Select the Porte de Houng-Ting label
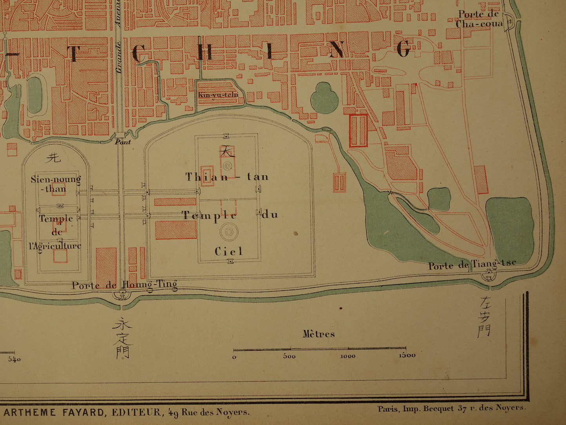coord(124,285)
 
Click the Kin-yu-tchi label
coord(218,95)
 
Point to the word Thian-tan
coord(227,177)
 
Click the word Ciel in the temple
coord(228,251)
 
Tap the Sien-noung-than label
coord(56,184)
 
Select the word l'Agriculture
coord(55,246)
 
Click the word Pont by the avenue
coord(123,142)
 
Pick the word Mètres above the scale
coord(318,334)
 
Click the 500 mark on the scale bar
coord(289,356)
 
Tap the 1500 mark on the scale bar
coord(407,355)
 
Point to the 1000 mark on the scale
coord(347,356)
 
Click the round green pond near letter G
coord(324,98)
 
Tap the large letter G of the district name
coord(403,49)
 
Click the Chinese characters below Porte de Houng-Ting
coord(122,337)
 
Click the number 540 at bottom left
coord(14,359)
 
